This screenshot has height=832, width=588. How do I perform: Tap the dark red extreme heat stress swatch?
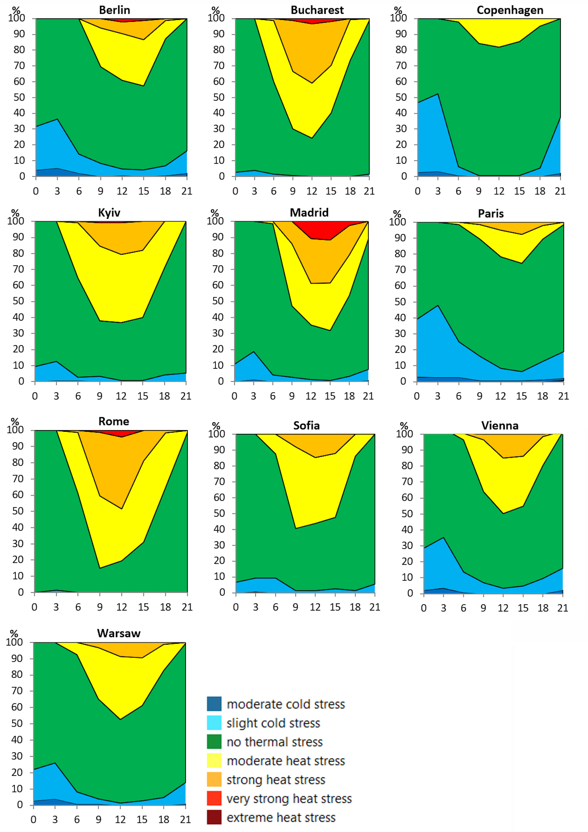214,817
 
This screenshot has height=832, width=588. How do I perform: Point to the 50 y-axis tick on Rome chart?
18,511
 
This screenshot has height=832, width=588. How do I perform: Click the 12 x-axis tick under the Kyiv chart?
121,396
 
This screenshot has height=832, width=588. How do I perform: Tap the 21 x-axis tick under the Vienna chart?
562,608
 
